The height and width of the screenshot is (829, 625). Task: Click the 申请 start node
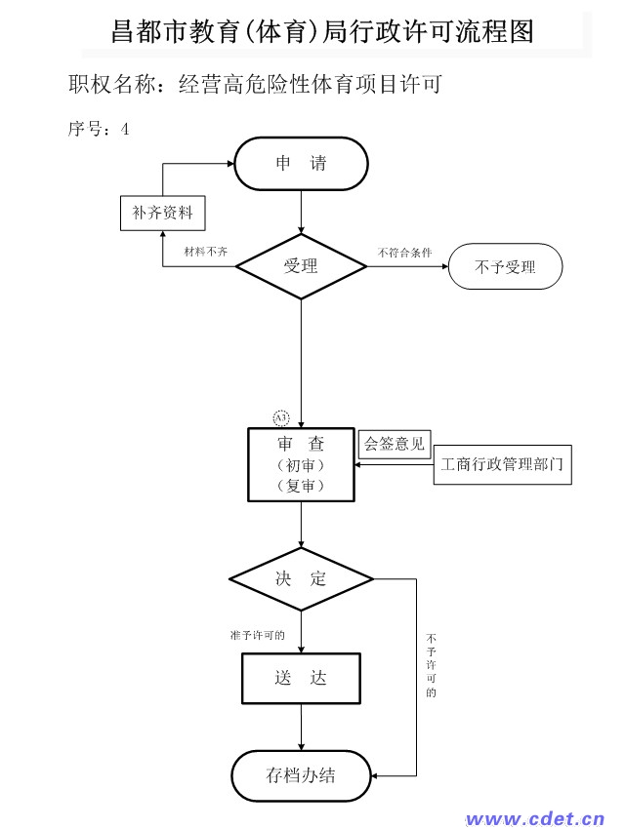(301, 164)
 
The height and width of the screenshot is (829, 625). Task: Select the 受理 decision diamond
(301, 266)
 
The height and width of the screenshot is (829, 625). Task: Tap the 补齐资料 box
(162, 213)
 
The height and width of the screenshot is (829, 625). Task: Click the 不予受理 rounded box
(506, 266)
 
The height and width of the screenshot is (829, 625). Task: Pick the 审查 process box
(301, 464)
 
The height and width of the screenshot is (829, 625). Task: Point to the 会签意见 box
(395, 444)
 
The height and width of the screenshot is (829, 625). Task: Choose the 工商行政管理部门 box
(502, 464)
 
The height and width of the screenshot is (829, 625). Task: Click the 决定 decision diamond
(301, 579)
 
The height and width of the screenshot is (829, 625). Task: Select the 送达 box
(301, 679)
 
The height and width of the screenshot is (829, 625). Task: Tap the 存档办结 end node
(301, 775)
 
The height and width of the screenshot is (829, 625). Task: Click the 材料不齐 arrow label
(206, 252)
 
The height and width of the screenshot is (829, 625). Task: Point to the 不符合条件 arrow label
(405, 253)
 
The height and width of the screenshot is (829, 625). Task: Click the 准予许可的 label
(258, 635)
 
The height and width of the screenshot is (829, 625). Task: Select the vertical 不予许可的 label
(432, 665)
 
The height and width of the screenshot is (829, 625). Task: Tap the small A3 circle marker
(281, 418)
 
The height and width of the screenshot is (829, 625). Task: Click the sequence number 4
(125, 129)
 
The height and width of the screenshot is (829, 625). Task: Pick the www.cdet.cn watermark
(535, 818)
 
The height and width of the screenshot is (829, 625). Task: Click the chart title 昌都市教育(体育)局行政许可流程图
(322, 31)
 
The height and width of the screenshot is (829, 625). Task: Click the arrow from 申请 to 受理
(301, 212)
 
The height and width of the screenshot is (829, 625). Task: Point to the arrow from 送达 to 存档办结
(301, 727)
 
